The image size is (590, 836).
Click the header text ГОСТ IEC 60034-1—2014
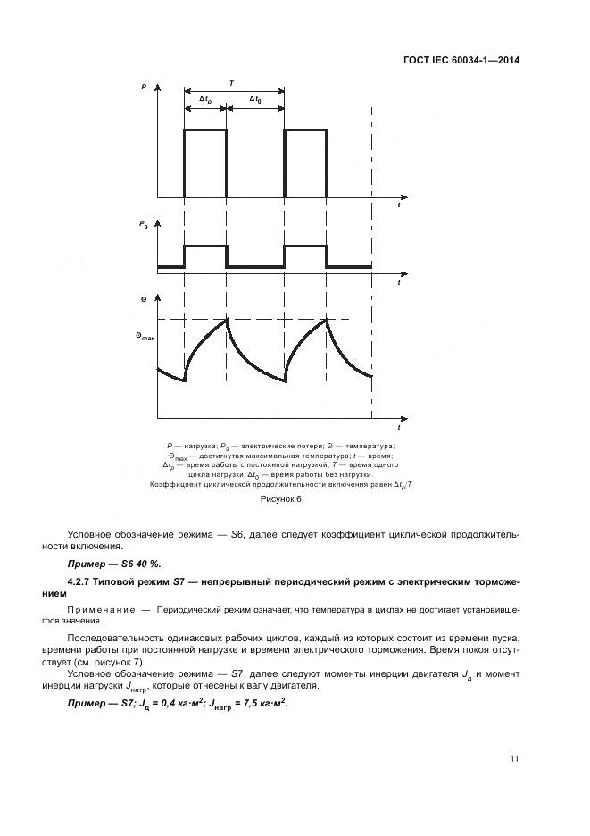click(468, 61)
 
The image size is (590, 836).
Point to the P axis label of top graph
click(144, 88)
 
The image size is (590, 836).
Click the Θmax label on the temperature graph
click(145, 337)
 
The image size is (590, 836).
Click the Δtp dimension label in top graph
click(205, 99)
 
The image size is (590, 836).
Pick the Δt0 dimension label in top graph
click(255, 99)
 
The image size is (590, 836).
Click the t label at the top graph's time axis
click(399, 205)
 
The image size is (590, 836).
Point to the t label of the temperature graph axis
click(399, 427)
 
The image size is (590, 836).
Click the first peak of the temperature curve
click(228, 319)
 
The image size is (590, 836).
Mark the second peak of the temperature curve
click(328, 319)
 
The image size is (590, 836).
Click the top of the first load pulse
click(205, 130)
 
